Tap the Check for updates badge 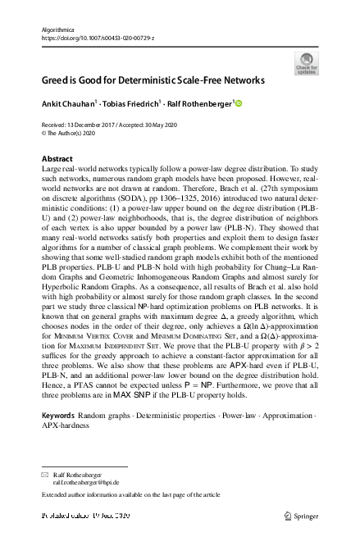(306, 63)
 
